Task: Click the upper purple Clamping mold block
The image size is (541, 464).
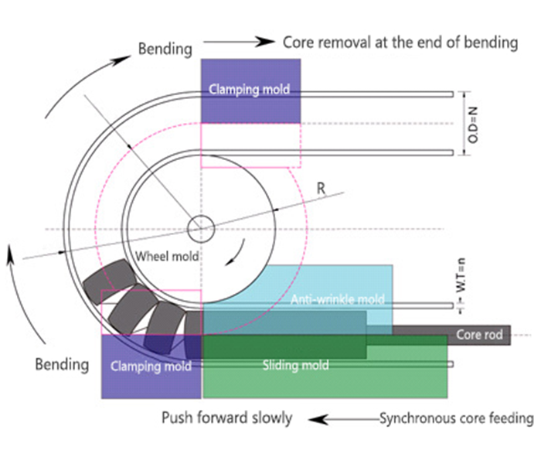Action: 250,89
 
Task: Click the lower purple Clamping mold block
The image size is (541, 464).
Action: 151,367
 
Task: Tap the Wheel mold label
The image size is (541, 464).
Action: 168,257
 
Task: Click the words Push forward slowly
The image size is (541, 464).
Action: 226,418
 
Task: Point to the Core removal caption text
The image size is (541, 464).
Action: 400,43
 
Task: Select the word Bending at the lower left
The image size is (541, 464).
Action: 62,363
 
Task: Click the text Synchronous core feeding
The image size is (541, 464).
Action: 456,418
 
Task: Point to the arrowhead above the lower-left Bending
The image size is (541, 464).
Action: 11,251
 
